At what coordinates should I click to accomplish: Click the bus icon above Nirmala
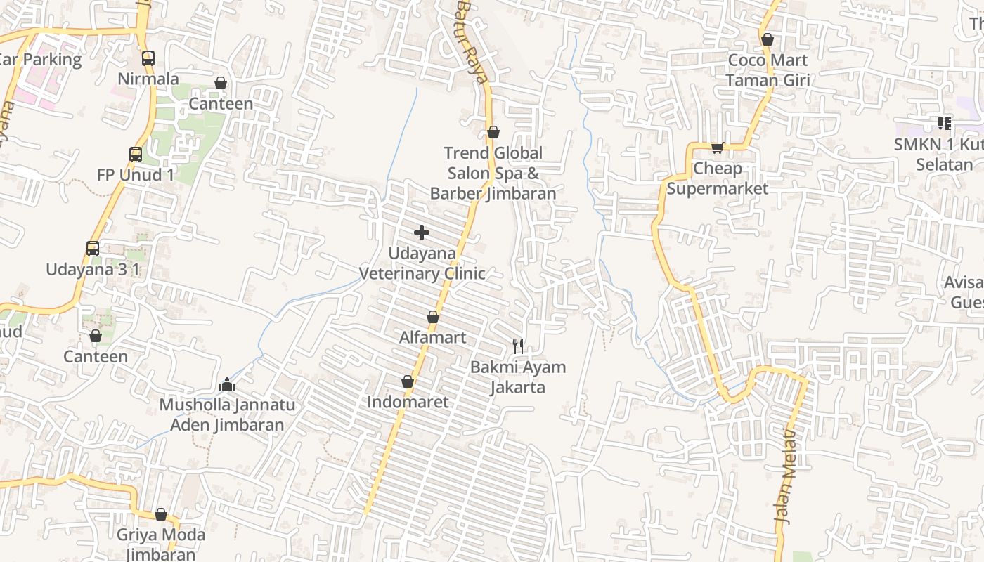click(148, 58)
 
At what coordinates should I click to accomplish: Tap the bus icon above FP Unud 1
click(135, 155)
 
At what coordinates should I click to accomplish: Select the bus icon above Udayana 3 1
click(93, 248)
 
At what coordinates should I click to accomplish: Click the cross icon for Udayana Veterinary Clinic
click(422, 233)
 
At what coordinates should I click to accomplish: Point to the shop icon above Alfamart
click(433, 318)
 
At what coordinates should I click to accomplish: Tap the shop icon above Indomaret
click(407, 382)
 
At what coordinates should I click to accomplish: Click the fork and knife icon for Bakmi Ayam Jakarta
click(518, 346)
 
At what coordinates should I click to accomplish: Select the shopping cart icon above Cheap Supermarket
click(717, 148)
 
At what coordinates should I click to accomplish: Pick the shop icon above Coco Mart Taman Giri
click(768, 40)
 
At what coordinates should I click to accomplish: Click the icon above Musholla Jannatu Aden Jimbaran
click(226, 384)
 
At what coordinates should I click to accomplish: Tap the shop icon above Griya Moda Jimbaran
click(161, 515)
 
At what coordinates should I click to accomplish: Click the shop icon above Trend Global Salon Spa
click(493, 132)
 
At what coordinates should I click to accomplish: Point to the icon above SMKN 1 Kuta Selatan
click(944, 124)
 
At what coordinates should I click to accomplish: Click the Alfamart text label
click(432, 337)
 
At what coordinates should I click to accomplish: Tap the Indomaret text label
click(408, 402)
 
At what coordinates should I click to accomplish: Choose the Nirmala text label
click(148, 79)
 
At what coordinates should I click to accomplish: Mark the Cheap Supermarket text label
click(717, 178)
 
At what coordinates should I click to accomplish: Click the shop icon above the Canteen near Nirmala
click(221, 84)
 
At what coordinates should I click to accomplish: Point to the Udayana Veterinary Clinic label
click(422, 263)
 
